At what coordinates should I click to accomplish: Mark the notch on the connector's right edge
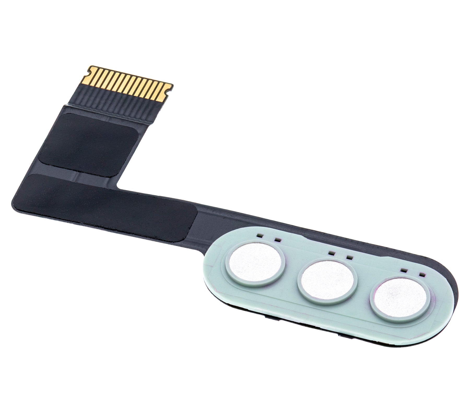(x=168, y=92)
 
